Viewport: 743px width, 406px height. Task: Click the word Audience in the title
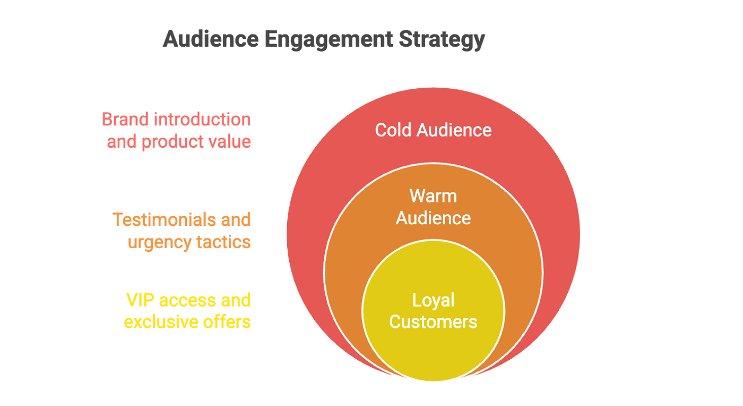point(211,39)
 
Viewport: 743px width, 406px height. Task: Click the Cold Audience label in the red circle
point(433,130)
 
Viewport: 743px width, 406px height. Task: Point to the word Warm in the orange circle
point(433,196)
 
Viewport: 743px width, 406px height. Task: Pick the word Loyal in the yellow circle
point(433,301)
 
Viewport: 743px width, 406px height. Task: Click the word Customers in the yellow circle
point(433,322)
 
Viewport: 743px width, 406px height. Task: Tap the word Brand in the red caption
point(125,119)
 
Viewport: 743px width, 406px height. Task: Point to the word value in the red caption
point(229,141)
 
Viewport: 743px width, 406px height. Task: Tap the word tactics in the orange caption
point(223,242)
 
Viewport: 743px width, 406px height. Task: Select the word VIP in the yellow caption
point(140,300)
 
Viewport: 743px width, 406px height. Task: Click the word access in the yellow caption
point(188,300)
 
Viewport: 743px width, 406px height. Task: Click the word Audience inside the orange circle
point(433,218)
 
